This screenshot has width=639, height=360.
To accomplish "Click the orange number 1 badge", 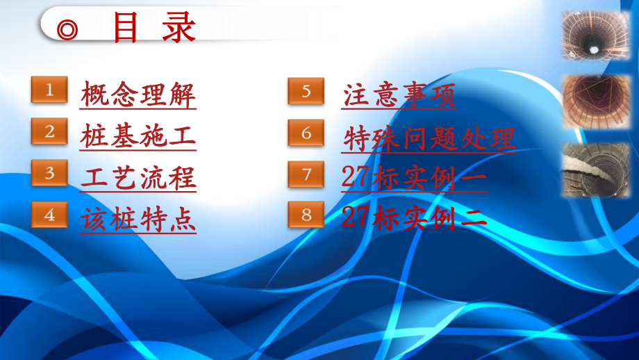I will point(49,90).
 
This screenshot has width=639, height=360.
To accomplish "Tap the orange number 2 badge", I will point(49,131).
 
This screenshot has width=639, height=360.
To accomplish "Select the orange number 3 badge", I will point(49,173).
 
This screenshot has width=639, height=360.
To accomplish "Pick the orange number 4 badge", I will point(49,215).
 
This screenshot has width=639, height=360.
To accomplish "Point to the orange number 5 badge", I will point(306,91).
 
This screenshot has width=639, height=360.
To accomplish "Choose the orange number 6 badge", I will point(306,132).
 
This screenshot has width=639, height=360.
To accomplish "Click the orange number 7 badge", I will point(306,174).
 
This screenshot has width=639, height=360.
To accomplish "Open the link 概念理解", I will point(138,95).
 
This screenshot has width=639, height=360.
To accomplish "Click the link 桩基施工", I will point(138,136).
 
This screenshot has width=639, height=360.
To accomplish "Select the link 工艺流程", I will point(138,178).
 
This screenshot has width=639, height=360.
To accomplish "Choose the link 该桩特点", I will point(138,219).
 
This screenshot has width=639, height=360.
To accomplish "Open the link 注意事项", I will point(400,95).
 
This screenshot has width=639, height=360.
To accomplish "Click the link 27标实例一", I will point(415,179).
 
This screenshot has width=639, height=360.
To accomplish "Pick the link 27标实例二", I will point(415,219).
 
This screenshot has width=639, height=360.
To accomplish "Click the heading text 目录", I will point(153,28).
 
